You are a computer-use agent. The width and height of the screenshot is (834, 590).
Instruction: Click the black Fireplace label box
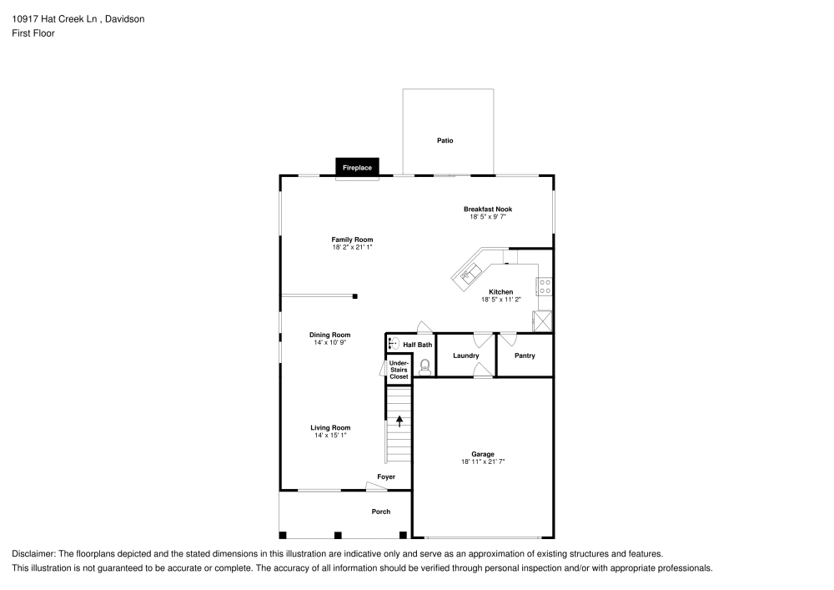tap(357, 168)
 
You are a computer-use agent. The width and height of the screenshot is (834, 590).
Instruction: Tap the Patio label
tap(445, 141)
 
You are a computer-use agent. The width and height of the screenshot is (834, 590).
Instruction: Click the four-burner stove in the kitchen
tap(545, 286)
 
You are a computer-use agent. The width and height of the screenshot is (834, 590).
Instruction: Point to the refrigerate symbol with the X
tap(543, 321)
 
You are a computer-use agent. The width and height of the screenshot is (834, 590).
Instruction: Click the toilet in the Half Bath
tap(425, 366)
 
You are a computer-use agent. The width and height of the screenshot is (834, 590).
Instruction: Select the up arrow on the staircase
tap(399, 421)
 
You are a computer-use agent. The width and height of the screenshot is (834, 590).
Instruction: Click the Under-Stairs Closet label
tap(399, 371)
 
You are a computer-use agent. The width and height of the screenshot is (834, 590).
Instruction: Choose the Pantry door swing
tap(508, 338)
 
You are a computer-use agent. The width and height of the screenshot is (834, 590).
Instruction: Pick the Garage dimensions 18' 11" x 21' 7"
tap(483, 461)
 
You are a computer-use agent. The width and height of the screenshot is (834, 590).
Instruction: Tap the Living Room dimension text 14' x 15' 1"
tap(330, 435)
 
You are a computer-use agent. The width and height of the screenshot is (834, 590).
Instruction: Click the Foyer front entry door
tap(376, 487)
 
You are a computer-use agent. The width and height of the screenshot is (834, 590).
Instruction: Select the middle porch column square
tap(338, 534)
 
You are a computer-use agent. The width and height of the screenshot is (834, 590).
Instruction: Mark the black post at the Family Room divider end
tap(355, 295)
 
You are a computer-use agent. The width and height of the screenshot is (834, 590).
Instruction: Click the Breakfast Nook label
tap(488, 209)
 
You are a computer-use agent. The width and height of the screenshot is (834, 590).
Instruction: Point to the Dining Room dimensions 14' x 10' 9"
tap(330, 342)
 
